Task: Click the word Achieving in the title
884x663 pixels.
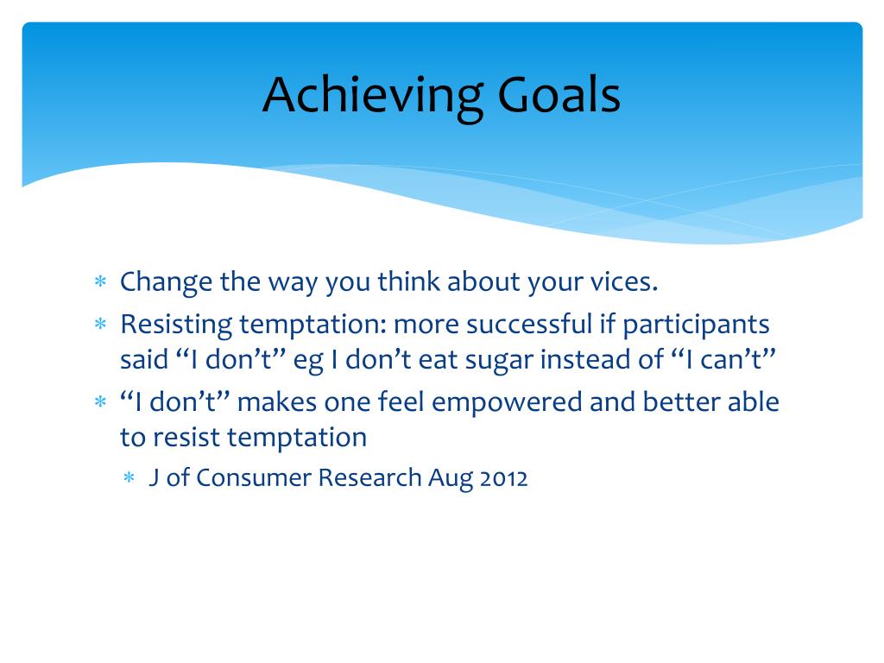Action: (x=373, y=97)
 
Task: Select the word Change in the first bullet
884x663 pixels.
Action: (x=167, y=282)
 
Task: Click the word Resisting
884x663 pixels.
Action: (x=176, y=325)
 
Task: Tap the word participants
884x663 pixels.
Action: (x=696, y=325)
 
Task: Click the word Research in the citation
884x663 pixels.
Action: (x=369, y=477)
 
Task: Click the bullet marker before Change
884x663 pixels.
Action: (x=100, y=281)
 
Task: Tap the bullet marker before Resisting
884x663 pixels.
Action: (x=100, y=325)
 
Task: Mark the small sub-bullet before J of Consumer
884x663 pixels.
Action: (x=129, y=478)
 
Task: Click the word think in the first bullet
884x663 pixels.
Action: (x=408, y=281)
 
